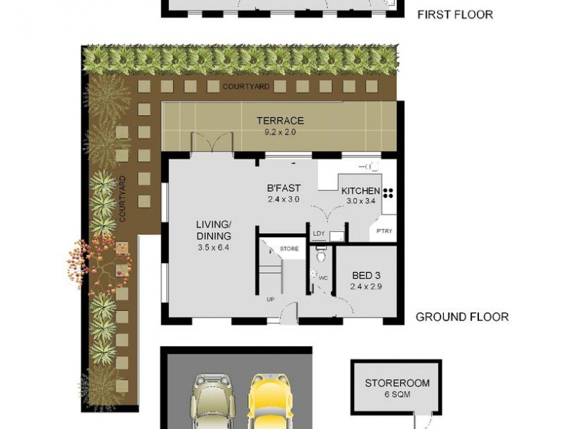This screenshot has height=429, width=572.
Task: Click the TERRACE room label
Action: [280, 120]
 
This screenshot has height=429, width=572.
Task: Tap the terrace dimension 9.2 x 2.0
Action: [280, 132]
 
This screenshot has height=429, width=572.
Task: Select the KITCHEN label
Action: [360, 191]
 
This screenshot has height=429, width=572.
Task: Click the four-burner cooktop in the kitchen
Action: [388, 193]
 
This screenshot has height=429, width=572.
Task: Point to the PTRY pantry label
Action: [384, 231]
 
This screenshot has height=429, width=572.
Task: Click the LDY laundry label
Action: [319, 234]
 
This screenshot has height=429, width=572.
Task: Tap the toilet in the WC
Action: [321, 255]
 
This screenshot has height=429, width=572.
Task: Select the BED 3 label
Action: [366, 275]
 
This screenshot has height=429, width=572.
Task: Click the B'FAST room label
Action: [284, 188]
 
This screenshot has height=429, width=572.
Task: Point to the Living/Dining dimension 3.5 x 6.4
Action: [213, 247]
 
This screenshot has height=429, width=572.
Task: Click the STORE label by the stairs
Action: [290, 249]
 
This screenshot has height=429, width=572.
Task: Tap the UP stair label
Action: [270, 300]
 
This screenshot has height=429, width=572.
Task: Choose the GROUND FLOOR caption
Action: [462, 317]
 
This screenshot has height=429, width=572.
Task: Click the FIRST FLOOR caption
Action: [455, 14]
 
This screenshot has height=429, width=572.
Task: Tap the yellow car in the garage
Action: [270, 401]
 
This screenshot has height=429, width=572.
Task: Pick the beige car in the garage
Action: [213, 401]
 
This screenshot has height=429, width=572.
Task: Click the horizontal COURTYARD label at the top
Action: [246, 87]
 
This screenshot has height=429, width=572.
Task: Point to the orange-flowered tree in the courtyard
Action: [99, 261]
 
